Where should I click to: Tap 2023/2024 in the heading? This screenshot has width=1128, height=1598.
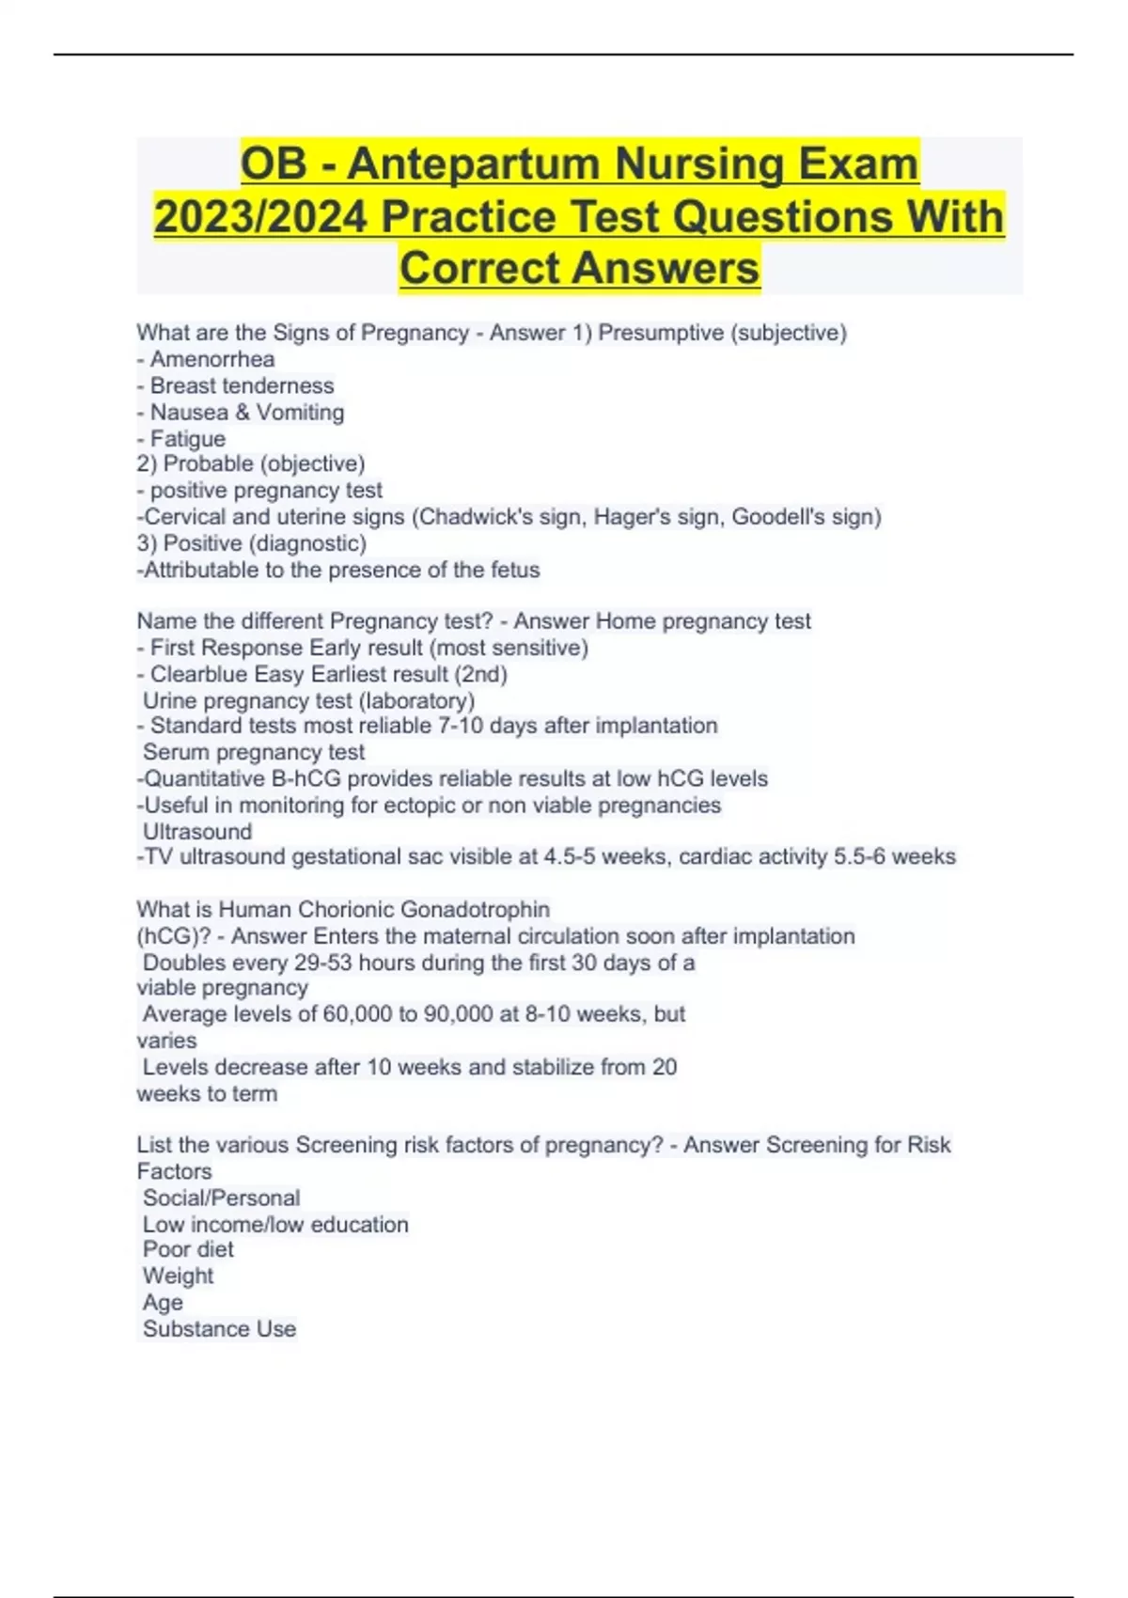coord(260,216)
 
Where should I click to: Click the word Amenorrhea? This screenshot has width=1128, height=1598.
coord(212,359)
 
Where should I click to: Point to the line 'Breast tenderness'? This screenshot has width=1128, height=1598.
coord(242,385)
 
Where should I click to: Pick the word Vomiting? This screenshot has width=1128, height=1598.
coord(300,412)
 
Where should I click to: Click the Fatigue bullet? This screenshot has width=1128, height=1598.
coord(188,438)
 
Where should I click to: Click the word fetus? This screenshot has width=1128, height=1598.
coord(515,570)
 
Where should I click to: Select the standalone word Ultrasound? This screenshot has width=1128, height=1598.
coord(197,831)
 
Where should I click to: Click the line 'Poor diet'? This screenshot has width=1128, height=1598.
coord(188,1249)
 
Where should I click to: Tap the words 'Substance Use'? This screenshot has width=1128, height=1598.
coord(219,1328)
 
